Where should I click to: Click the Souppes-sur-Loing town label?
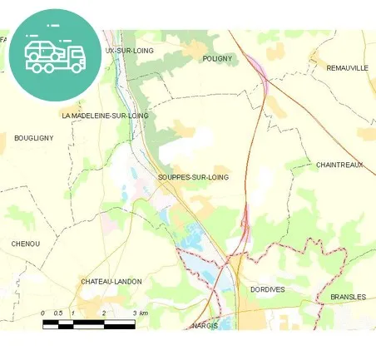193,177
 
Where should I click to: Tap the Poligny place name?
218,59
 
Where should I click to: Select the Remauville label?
347,67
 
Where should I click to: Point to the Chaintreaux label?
339,165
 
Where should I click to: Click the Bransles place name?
347,297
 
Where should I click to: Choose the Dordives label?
267,289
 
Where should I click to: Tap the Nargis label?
204,325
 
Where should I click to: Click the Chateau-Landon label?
111,282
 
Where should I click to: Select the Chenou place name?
26,244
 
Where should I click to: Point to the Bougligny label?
33,138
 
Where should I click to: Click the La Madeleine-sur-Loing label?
105,116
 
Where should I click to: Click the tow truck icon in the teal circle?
55,55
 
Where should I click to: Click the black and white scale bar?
88,322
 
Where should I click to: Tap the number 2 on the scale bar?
103,313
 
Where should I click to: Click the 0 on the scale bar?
43,313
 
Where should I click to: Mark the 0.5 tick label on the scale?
58,313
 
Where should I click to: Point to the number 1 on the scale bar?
73,313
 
